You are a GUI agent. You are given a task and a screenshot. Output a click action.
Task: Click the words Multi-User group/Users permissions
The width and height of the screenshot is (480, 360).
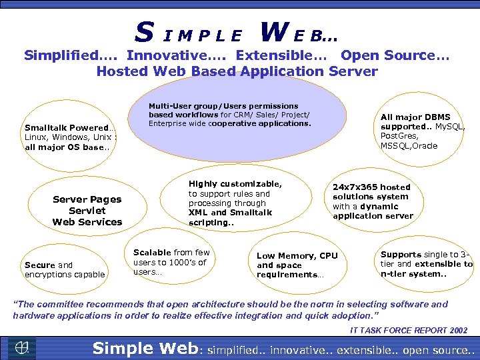(x=223, y=106)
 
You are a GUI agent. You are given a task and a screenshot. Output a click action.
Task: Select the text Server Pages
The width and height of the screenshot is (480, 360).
(x=87, y=199)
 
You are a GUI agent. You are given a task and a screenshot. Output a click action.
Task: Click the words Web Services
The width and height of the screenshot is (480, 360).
(x=87, y=222)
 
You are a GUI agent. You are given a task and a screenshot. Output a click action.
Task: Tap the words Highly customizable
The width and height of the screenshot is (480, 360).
(x=235, y=184)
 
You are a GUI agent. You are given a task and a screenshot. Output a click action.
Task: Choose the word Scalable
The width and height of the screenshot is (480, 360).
(x=153, y=252)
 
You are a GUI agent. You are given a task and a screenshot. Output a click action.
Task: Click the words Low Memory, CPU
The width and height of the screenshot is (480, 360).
(x=297, y=256)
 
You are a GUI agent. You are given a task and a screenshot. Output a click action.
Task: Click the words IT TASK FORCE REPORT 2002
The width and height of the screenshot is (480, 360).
(x=409, y=330)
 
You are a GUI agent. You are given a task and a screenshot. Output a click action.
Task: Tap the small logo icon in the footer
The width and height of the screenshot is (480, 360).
(x=22, y=347)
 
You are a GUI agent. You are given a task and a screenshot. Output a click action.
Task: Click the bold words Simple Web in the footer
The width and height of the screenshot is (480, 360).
(x=144, y=348)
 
